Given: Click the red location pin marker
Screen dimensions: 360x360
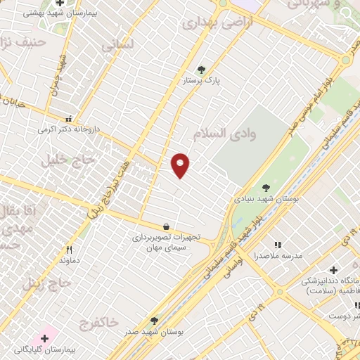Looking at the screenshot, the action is coord(181,165).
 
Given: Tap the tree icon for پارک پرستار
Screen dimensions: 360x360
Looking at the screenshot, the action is coord(202,70).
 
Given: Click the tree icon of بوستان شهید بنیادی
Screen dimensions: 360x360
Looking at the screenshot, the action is coord(266,188).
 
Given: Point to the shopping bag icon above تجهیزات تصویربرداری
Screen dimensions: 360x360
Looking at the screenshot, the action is coord(166,227).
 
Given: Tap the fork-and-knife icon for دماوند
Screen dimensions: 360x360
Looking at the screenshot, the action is coord(69,250).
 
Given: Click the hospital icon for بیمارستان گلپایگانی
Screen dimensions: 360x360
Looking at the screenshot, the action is coord(44,338).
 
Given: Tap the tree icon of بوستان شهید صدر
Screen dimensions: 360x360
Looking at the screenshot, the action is coord(153,320).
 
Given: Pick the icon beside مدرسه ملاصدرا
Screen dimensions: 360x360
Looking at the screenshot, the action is coord(278,245).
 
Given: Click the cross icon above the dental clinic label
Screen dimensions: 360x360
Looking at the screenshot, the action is coord(333,270).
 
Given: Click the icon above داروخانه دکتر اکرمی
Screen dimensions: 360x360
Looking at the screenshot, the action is coord(69,120).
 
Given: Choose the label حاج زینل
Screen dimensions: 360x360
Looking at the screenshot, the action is coord(46,284).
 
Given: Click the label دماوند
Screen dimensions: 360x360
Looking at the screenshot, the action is coord(69,261).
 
